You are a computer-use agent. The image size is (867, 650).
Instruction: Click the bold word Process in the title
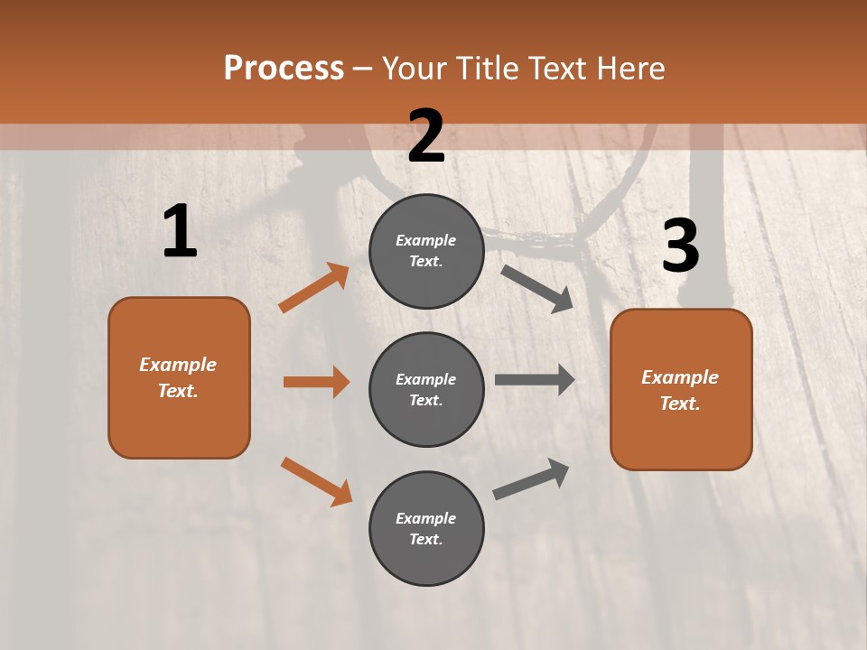284,68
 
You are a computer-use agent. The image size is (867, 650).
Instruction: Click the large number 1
180,232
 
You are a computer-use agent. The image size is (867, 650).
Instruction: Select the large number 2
426,136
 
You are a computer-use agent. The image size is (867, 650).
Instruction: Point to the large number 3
680,246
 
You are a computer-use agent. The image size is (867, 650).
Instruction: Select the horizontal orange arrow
316,382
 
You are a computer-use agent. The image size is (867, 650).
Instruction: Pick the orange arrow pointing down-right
316,481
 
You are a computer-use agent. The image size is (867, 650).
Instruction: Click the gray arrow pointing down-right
537,288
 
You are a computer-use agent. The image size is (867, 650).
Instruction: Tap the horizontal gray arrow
535,379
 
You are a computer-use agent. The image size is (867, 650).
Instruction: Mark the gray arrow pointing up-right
532,478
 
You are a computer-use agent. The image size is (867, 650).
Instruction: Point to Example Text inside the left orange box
178,377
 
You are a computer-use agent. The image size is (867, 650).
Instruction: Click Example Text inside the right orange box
680,390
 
